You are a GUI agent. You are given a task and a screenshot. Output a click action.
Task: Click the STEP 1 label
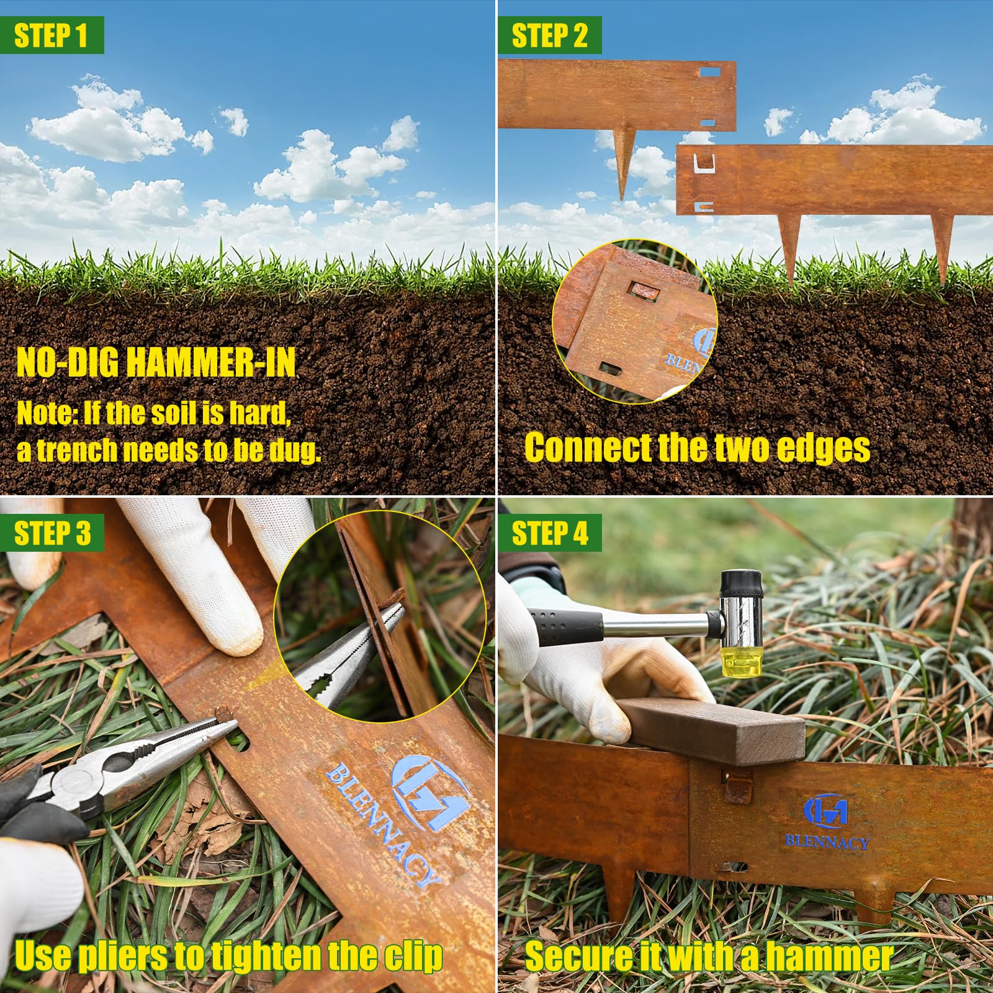pos(51,35)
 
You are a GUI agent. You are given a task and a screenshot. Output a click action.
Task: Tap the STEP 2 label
pos(549,35)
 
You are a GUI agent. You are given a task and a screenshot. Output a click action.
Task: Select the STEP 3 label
pos(52,533)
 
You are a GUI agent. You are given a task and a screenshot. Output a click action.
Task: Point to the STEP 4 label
pos(550,533)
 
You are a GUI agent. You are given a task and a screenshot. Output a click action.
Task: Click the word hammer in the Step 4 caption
pos(829,956)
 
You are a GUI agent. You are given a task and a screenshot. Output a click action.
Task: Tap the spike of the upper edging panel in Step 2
pos(624,164)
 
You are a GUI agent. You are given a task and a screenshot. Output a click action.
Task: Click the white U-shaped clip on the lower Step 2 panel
pos(704,165)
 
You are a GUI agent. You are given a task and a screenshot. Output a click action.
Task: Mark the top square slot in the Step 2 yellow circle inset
pos(640,289)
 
